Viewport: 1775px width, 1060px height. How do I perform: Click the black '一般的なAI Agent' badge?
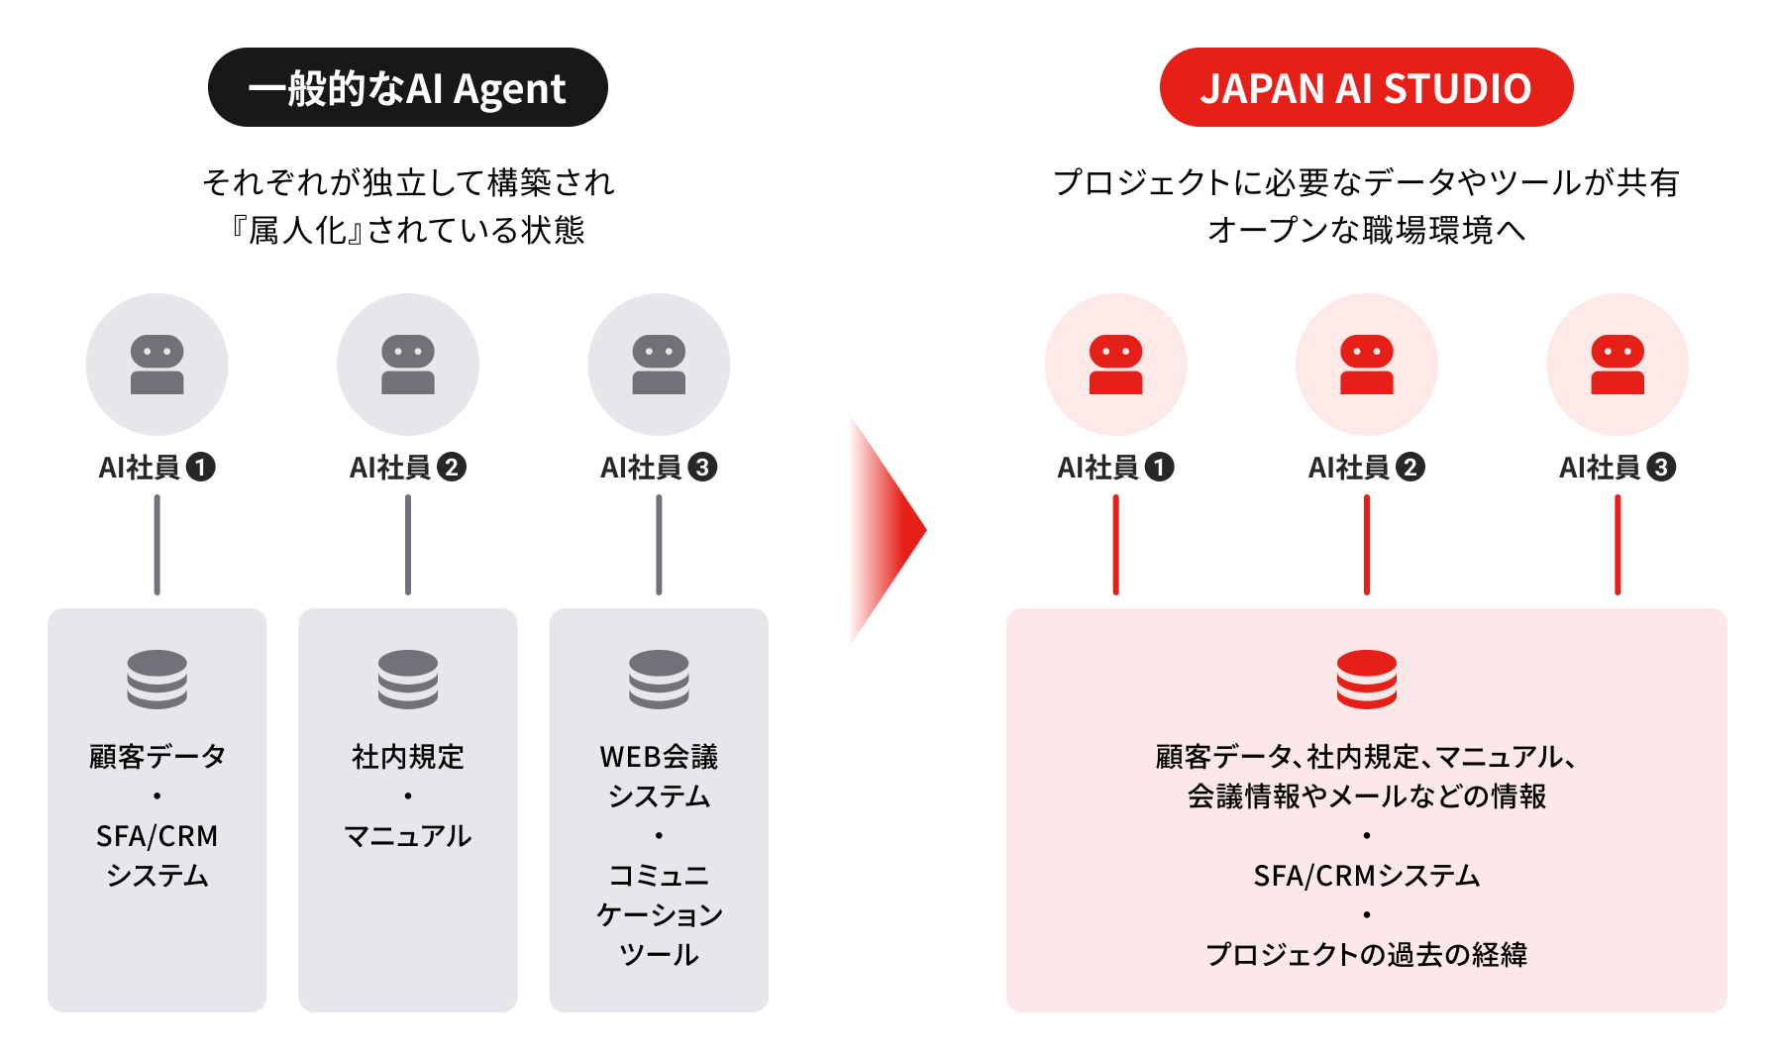click(x=407, y=87)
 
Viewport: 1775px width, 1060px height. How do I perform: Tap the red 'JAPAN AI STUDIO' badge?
click(x=1366, y=87)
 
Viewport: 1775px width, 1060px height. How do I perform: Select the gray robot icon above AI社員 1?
click(x=157, y=365)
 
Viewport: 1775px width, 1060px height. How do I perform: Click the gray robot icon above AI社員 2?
click(x=408, y=365)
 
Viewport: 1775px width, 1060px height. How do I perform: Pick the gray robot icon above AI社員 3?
click(x=659, y=365)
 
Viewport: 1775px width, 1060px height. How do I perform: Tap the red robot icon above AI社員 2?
click(x=1367, y=365)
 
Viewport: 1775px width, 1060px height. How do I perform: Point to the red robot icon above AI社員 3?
click(x=1618, y=365)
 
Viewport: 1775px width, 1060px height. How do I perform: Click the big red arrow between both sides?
click(x=887, y=530)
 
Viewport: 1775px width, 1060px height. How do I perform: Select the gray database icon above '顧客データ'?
click(x=157, y=679)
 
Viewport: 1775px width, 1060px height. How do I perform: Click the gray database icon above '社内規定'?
click(x=408, y=679)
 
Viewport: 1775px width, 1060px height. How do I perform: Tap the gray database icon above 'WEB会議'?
click(x=659, y=679)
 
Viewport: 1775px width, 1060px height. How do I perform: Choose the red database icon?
click(x=1367, y=679)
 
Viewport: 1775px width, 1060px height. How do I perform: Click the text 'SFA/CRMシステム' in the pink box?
click(x=1367, y=876)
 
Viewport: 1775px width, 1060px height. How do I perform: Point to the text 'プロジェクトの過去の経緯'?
click(x=1367, y=954)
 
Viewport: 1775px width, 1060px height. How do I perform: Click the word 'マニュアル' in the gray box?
click(x=408, y=836)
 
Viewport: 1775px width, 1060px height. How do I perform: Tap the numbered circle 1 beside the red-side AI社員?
click(x=1159, y=467)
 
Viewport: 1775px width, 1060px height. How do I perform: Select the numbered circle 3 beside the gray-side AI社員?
click(x=702, y=467)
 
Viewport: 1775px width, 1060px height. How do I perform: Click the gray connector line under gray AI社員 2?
click(x=408, y=545)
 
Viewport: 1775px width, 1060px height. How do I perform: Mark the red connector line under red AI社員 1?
click(x=1116, y=545)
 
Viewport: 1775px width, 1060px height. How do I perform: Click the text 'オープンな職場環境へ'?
click(x=1367, y=230)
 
